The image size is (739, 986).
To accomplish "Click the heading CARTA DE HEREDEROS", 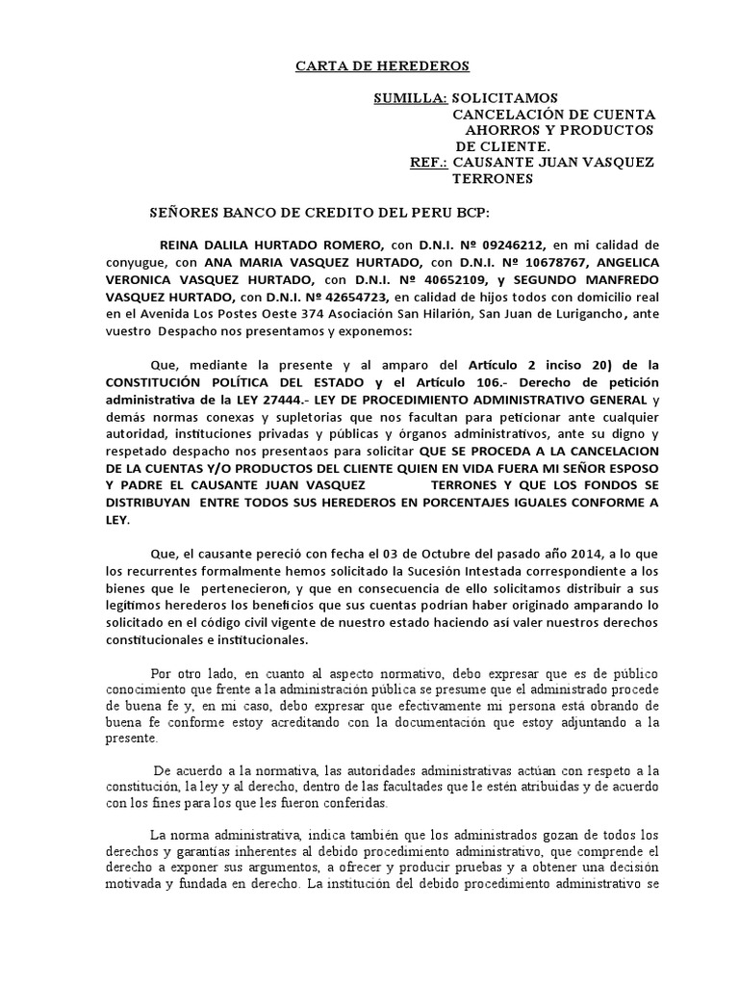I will click(368, 66).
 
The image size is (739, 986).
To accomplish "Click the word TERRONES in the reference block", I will click(493, 178).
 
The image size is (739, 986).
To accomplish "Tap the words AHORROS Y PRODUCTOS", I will click(559, 130).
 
